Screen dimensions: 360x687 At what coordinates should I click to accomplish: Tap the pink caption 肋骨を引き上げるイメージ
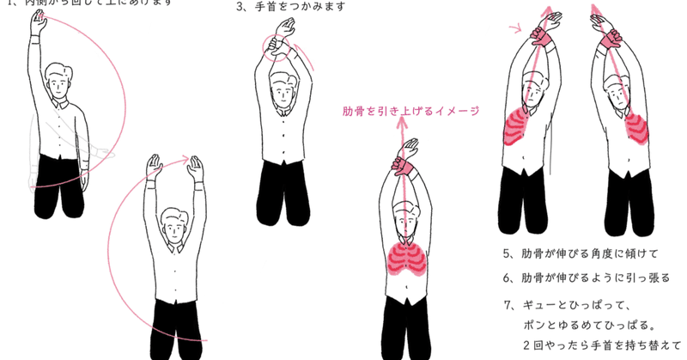(x=410, y=110)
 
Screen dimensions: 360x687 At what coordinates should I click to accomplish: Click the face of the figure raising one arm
(x=58, y=87)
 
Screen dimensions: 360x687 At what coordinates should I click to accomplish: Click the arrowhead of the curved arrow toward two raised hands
(x=185, y=158)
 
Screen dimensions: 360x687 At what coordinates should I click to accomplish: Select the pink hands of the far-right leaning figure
(x=610, y=36)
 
